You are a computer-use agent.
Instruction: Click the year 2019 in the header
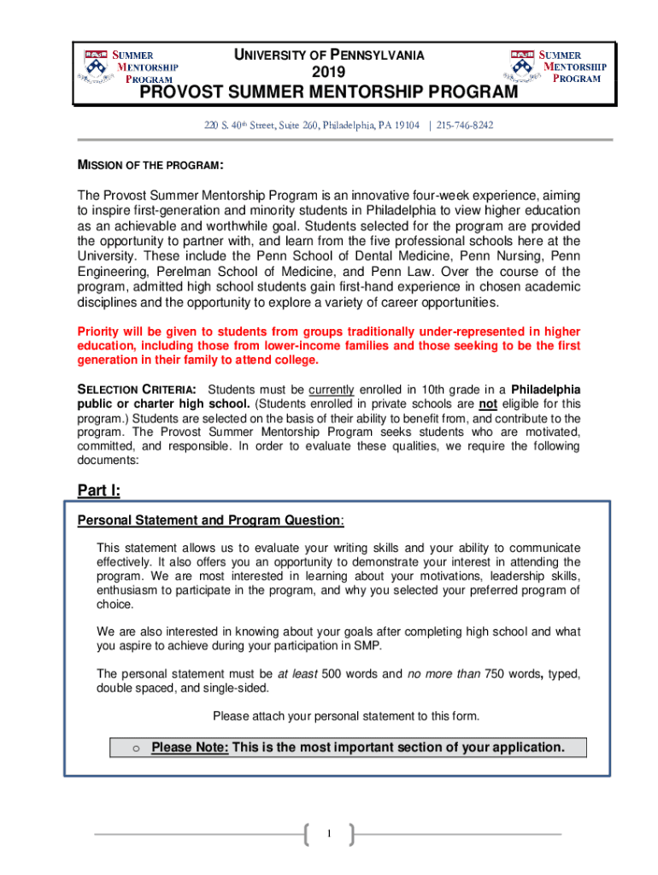(329, 72)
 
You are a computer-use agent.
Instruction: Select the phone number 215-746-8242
(465, 126)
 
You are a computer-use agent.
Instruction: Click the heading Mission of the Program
(151, 164)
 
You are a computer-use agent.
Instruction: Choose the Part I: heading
(99, 490)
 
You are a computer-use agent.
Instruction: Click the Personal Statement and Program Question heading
(211, 520)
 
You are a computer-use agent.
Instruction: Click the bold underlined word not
(488, 404)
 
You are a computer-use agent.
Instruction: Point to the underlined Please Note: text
(190, 748)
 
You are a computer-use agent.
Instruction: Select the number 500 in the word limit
(332, 674)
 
